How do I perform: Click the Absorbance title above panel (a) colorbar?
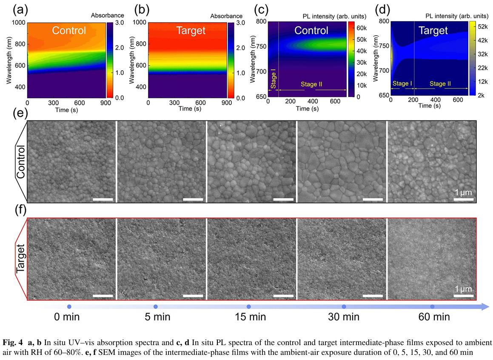pyautogui.click(x=104, y=16)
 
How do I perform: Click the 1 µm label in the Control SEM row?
pyautogui.click(x=463, y=192)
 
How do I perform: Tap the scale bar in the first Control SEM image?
pyautogui.click(x=103, y=199)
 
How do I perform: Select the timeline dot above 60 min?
pyautogui.click(x=433, y=307)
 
